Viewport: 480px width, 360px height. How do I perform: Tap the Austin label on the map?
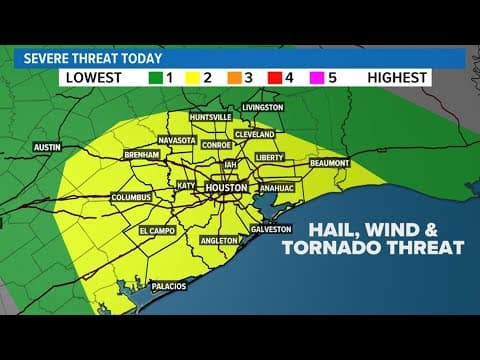(x=48, y=147)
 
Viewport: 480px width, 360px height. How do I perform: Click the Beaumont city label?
(x=330, y=162)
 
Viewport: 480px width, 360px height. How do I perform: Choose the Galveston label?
(x=271, y=229)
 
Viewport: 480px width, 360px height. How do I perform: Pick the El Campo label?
(x=157, y=231)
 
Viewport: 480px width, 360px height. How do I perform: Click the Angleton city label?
(x=217, y=240)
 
